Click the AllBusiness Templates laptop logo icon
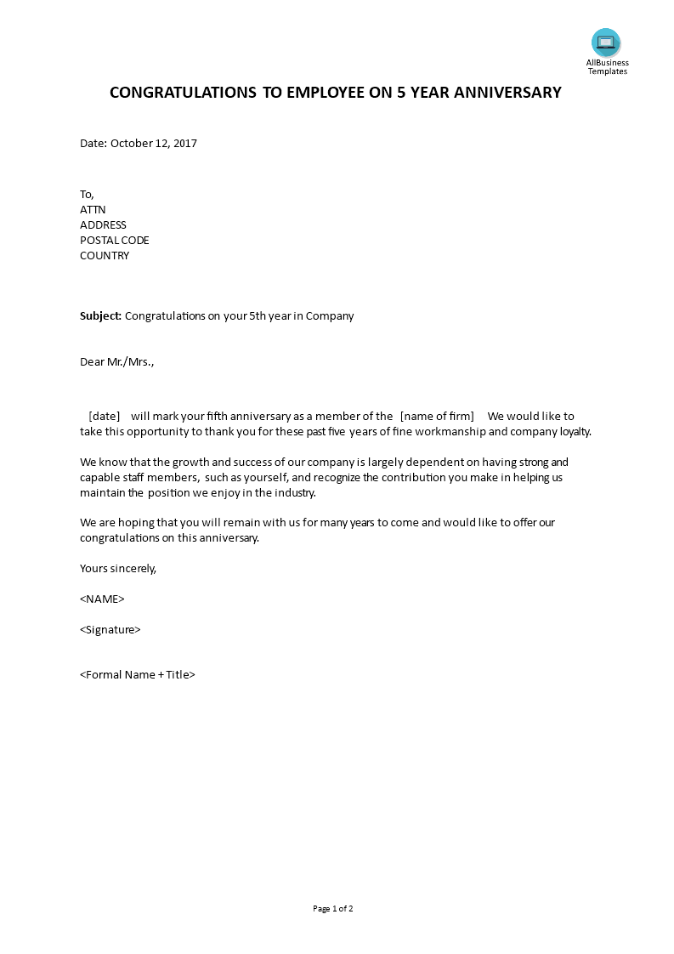tap(606, 42)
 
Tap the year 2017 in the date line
tap(184, 144)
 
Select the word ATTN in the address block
tap(93, 210)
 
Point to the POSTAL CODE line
tap(115, 241)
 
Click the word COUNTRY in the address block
tap(105, 256)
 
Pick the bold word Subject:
tap(101, 316)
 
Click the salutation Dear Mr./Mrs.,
tap(117, 362)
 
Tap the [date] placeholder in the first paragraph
tap(105, 417)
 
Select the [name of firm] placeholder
tap(437, 417)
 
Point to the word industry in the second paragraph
tap(293, 493)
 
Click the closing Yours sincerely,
tap(118, 569)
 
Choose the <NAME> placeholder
tap(102, 599)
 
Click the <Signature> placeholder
tap(110, 630)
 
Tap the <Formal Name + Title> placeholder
tap(138, 675)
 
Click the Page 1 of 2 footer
tap(333, 909)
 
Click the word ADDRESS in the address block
tap(103, 225)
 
